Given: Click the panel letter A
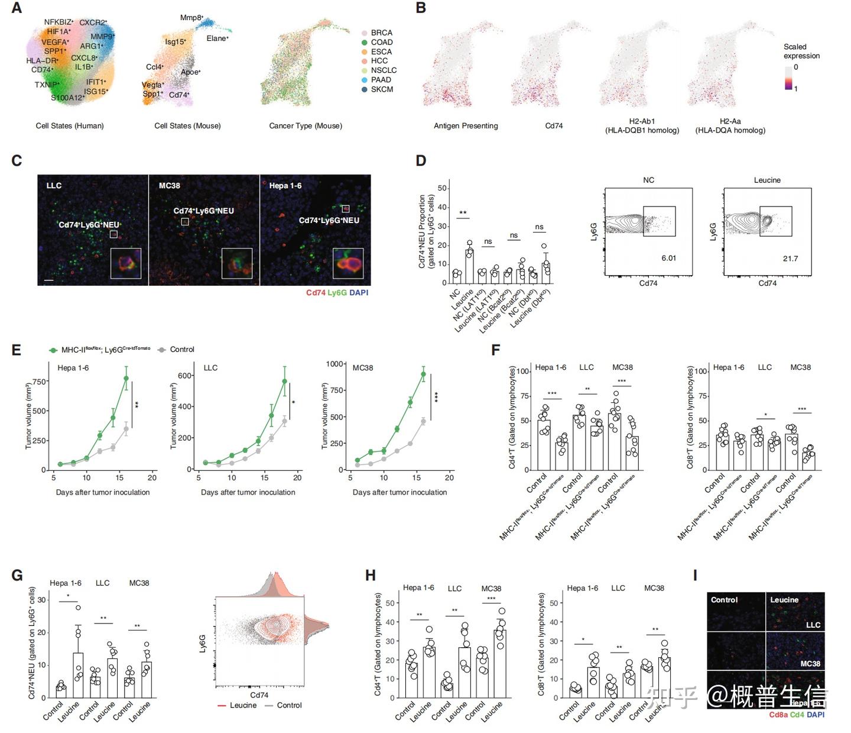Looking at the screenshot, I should (x=16, y=8).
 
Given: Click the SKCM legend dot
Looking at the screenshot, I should (x=365, y=89).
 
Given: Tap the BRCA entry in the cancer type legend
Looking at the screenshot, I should (x=381, y=33).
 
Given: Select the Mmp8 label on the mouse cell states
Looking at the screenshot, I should (x=191, y=18).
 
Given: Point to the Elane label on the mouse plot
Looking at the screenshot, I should (x=217, y=38).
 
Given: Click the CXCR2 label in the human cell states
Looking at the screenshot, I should (x=93, y=22).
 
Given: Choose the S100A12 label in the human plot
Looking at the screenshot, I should (x=67, y=98).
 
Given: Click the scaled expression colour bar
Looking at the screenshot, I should (x=788, y=78).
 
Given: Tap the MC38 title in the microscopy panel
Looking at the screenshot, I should (x=170, y=186).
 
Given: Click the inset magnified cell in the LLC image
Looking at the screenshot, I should (x=126, y=263).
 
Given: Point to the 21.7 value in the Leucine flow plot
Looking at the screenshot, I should (x=790, y=259).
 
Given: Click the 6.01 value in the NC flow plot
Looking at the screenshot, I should (x=668, y=258).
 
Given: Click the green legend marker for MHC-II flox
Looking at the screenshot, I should (x=53, y=350).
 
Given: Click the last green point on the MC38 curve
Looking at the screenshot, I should (x=423, y=374).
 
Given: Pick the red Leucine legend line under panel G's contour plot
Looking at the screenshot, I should (x=222, y=705).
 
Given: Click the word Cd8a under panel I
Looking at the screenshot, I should (x=778, y=715).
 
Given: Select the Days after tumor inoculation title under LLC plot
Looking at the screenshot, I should (x=248, y=492).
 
